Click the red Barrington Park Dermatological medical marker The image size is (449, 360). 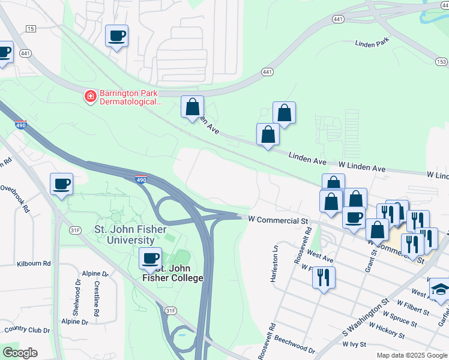(x=90, y=96)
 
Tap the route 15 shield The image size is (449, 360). (x=31, y=28)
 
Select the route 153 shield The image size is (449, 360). (x=442, y=62)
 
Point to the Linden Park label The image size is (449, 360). (x=373, y=44)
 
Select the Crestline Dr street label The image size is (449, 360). (x=96, y=297)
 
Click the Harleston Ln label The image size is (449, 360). (x=276, y=263)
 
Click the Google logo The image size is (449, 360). (x=20, y=353)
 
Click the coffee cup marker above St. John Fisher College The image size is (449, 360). (x=150, y=259)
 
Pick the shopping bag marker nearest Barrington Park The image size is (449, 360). (x=192, y=107)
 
